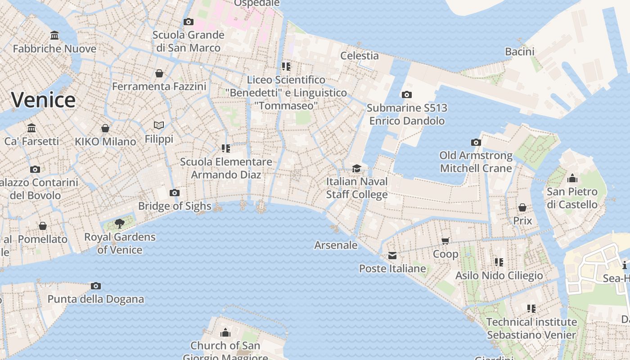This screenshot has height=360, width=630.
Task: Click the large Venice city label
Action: tap(43, 99)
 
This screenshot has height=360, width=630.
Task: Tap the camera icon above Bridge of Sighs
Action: tap(175, 193)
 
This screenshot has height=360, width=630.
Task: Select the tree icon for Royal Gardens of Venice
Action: tap(120, 223)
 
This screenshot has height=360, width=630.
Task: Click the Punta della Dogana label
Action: tap(96, 299)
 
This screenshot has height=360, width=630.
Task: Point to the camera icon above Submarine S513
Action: tap(406, 94)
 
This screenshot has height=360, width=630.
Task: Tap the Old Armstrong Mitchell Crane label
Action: tap(476, 162)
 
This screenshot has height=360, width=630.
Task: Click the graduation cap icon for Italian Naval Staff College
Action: tap(356, 168)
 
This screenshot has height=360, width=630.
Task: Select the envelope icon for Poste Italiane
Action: tap(392, 256)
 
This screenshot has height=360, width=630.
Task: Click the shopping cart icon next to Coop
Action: tap(445, 241)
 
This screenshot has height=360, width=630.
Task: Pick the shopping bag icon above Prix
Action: tap(522, 207)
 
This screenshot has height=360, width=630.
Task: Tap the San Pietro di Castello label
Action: tap(572, 198)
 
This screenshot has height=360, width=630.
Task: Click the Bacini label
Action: tap(519, 51)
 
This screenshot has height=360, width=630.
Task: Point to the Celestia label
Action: tap(359, 55)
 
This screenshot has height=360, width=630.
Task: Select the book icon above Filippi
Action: tap(158, 125)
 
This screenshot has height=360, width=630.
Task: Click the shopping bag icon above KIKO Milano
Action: tap(105, 128)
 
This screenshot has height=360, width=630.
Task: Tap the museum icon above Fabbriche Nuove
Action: tap(54, 35)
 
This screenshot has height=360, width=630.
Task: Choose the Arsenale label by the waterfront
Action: tap(336, 245)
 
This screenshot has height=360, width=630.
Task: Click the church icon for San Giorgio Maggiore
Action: tap(225, 333)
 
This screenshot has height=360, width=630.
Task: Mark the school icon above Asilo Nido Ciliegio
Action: tap(499, 262)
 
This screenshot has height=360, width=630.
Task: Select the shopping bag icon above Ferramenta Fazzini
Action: tap(159, 73)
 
